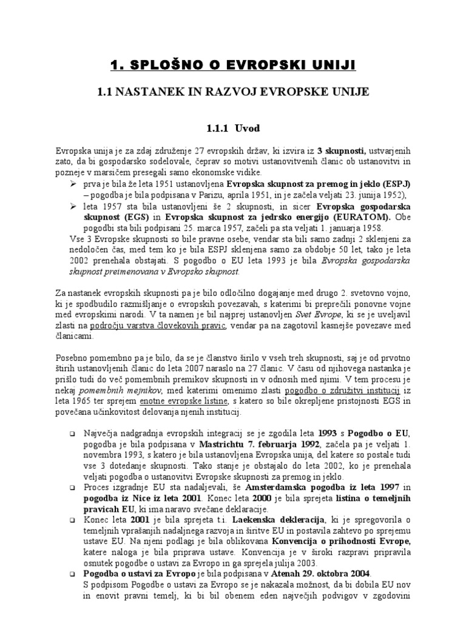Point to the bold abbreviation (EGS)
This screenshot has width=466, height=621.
135,217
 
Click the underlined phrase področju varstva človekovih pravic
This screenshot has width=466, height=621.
159,327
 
